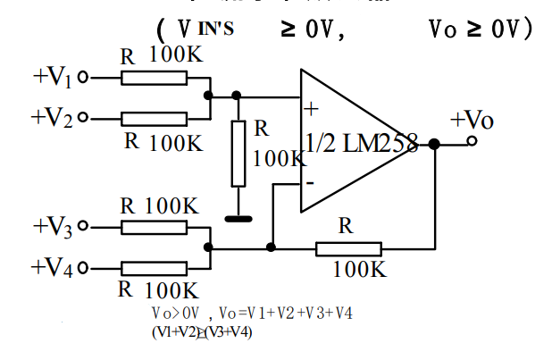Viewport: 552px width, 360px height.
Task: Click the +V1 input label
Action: [x=53, y=77]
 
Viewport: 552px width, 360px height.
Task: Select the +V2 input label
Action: [x=52, y=117]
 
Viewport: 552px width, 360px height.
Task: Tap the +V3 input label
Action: [x=53, y=227]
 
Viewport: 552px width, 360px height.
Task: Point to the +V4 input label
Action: [x=52, y=266]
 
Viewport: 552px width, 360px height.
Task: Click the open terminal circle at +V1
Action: [x=84, y=78]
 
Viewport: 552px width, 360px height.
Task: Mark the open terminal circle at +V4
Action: [x=84, y=267]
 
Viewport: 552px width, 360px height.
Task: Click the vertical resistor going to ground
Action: [x=238, y=154]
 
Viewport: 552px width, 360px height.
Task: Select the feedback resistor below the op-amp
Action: [x=347, y=247]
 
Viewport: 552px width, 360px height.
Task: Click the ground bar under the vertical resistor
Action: [x=238, y=217]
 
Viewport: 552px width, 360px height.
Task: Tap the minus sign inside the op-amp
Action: [x=309, y=183]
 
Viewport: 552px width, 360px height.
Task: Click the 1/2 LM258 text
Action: [x=360, y=143]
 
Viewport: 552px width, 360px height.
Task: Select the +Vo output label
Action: [x=472, y=120]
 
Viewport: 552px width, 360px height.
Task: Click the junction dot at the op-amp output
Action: [x=434, y=143]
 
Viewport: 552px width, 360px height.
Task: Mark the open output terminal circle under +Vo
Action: [x=473, y=141]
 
